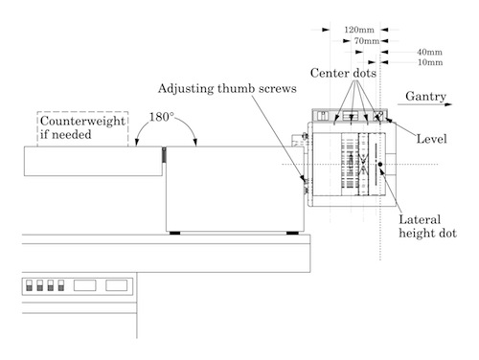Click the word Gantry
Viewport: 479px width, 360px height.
424,97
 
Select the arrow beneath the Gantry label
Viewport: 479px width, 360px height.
427,107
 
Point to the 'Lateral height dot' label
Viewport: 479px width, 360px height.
427,225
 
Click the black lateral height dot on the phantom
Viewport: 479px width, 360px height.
380,165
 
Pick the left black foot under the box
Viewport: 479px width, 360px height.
176,233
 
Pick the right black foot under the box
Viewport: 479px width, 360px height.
291,233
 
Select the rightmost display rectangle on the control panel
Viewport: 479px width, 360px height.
117,285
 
